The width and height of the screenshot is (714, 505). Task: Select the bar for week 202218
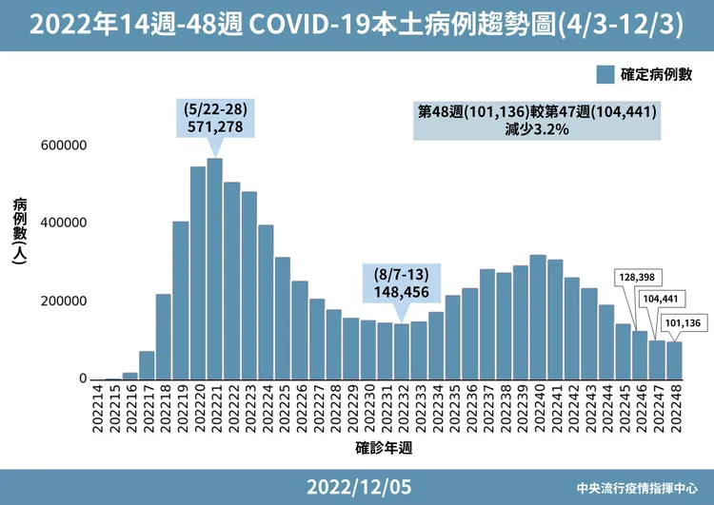pyautogui.click(x=164, y=337)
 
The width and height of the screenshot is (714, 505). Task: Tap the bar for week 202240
pyautogui.click(x=537, y=318)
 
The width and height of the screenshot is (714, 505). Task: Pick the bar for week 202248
pyautogui.click(x=674, y=360)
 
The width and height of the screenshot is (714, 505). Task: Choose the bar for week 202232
pyautogui.click(x=402, y=352)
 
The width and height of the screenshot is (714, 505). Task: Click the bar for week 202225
pyautogui.click(x=283, y=319)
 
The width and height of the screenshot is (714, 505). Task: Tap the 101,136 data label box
pyautogui.click(x=683, y=322)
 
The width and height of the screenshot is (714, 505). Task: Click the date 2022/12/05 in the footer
pyautogui.click(x=359, y=487)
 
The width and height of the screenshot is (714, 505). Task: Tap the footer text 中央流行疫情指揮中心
pyautogui.click(x=638, y=488)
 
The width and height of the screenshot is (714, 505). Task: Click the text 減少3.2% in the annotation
pyautogui.click(x=538, y=129)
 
